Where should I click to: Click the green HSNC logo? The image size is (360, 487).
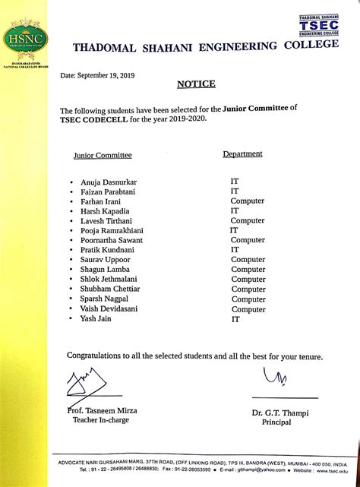point(25,36)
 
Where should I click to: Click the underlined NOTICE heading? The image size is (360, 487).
point(196,84)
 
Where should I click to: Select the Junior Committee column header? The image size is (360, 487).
point(103,155)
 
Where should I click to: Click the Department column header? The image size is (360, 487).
point(242,153)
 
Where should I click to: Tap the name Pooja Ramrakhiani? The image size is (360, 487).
point(112,230)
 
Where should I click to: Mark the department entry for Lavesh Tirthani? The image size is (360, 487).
point(248,220)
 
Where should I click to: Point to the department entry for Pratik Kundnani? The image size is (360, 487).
point(235,249)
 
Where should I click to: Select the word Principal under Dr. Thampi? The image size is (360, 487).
point(276,422)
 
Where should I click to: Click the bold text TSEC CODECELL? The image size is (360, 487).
point(95,119)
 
